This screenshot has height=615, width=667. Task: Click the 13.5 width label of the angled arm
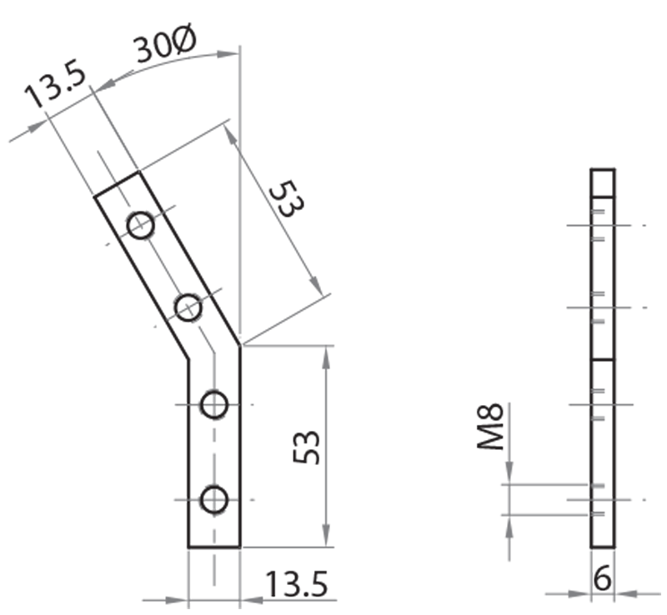(x=55, y=88)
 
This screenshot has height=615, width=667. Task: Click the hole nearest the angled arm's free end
(x=141, y=225)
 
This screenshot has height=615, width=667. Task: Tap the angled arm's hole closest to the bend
(x=188, y=307)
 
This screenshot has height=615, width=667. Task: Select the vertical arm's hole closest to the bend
(x=214, y=405)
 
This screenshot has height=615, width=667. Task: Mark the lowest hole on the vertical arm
(x=214, y=500)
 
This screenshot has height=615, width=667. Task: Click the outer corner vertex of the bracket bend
(x=241, y=344)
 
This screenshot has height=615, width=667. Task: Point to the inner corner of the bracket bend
(x=188, y=360)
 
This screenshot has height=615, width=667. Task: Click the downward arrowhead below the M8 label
(x=507, y=475)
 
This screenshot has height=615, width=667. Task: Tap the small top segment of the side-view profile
(x=603, y=182)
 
